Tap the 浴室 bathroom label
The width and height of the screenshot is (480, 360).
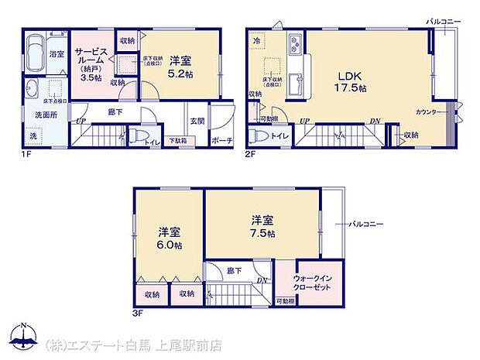[57, 53]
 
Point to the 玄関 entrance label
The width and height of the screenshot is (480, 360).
[197, 120]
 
